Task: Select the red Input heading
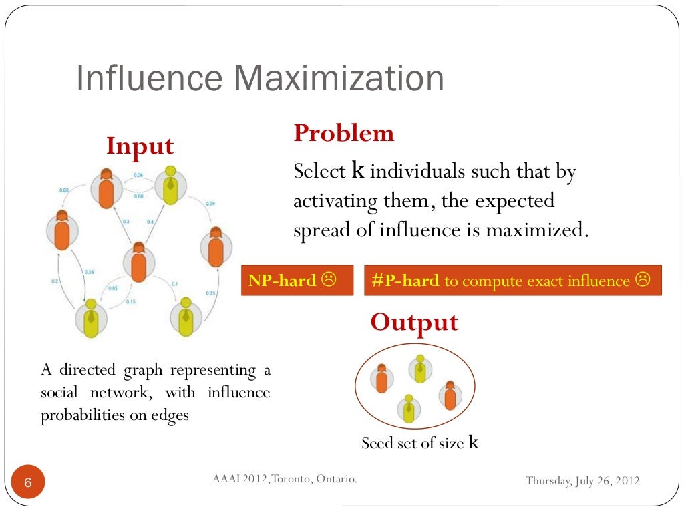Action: click(x=140, y=146)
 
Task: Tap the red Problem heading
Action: click(x=344, y=134)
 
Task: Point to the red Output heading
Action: click(x=414, y=323)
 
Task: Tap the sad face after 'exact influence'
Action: click(x=643, y=280)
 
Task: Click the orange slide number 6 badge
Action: click(x=28, y=482)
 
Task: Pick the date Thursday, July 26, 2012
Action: click(x=582, y=480)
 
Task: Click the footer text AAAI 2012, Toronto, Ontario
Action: click(x=285, y=479)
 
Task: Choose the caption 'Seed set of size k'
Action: click(x=420, y=442)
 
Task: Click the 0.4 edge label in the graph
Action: click(x=150, y=221)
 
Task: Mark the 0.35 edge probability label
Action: click(x=89, y=272)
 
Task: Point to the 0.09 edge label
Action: click(x=210, y=203)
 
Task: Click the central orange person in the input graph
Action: click(x=138, y=262)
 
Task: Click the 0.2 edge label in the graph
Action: click(x=55, y=281)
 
